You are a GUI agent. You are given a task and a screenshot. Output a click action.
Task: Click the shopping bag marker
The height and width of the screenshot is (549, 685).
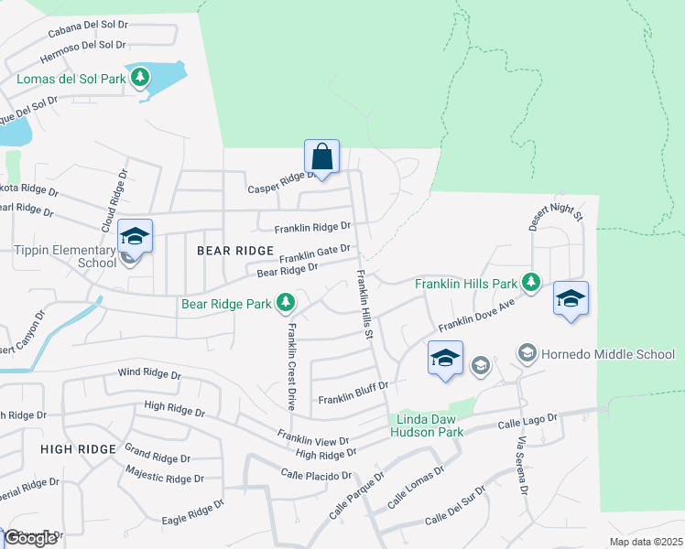(x=321, y=154)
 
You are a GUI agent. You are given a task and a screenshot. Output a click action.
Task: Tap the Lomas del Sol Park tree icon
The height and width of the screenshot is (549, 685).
(x=140, y=78)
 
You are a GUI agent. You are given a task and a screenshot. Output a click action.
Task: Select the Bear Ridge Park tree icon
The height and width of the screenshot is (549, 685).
(x=286, y=301)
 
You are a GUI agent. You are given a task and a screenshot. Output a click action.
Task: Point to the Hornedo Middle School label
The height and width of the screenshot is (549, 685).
(x=608, y=354)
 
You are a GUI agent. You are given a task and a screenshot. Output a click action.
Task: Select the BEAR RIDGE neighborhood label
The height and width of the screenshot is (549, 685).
(x=234, y=250)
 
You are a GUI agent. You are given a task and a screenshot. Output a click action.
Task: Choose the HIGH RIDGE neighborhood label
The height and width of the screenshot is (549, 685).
(x=78, y=448)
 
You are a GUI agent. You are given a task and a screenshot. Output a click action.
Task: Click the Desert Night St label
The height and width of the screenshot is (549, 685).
(x=555, y=217)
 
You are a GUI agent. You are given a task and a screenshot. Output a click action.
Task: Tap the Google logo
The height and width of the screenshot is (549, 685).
(x=29, y=538)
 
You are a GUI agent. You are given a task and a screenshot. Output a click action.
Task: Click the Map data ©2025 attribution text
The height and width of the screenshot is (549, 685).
(x=645, y=542)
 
